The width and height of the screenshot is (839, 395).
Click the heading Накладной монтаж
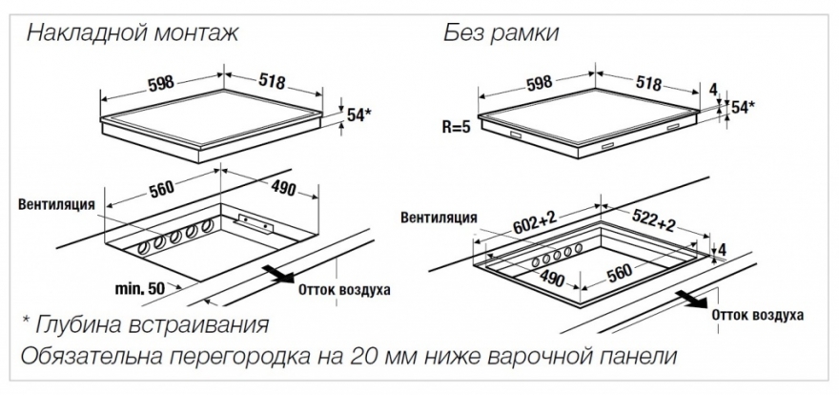tap(133, 33)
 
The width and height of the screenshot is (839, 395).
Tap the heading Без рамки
tap(501, 33)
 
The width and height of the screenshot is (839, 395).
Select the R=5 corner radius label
tap(457, 129)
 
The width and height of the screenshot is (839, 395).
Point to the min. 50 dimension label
tap(140, 289)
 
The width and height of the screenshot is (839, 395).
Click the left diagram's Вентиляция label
tap(57, 205)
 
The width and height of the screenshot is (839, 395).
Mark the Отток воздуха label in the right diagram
tap(757, 315)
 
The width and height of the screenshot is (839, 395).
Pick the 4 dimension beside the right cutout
tap(723, 249)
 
